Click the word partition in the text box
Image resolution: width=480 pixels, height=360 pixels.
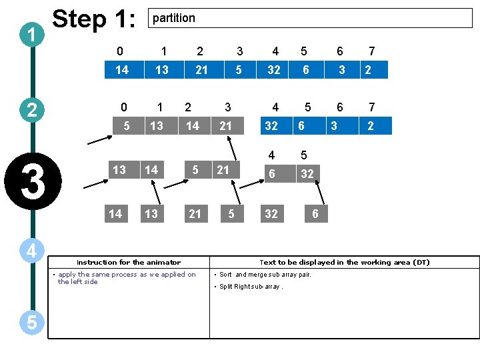point(174,18)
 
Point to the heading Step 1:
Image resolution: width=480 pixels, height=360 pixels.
point(94,19)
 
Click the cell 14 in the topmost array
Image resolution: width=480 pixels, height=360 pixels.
point(121,69)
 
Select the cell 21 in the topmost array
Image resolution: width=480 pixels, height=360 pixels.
point(201,69)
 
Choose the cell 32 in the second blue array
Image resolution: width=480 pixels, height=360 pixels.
point(271,125)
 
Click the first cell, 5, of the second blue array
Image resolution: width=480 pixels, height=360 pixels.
point(127,125)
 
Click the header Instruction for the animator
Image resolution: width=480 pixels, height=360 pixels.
point(128,263)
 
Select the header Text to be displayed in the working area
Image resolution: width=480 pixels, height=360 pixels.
point(344,263)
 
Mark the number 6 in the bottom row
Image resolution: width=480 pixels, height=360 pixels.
point(315,213)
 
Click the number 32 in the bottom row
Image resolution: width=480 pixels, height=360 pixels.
point(271,213)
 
